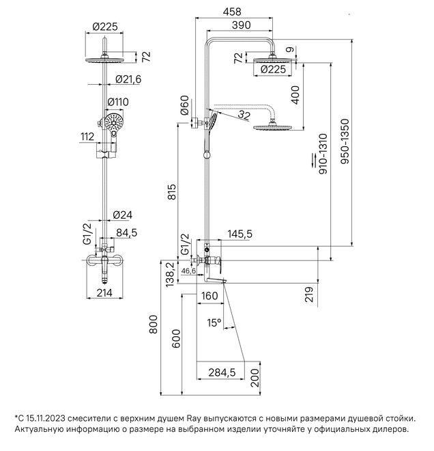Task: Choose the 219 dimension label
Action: [308, 294]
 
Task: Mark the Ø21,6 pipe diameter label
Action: [128, 80]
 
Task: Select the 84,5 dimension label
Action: [126, 233]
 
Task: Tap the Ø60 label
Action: [184, 105]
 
